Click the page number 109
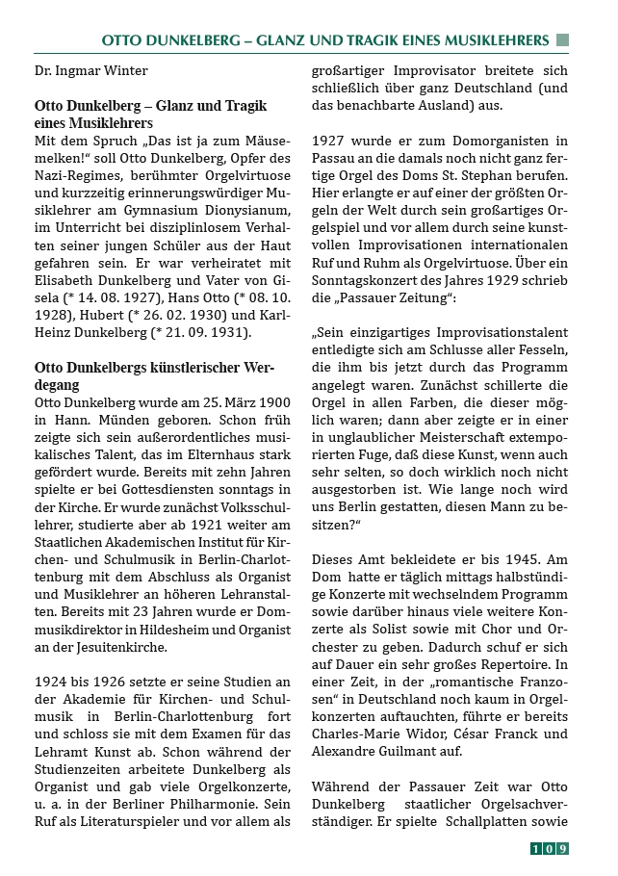(x=550, y=848)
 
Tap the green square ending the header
(x=562, y=40)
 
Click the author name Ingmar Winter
(x=102, y=70)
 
